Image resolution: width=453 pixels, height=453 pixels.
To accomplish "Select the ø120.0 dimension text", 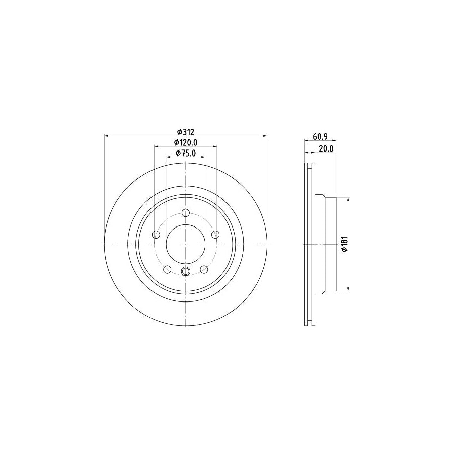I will coord(185,142).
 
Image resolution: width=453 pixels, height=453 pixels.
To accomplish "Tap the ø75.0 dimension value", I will coord(185,153).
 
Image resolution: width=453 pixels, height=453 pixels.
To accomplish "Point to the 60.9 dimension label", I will coord(320,136).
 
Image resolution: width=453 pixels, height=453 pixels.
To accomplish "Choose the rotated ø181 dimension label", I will coord(344,244).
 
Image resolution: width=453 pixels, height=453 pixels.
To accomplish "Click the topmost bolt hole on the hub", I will coord(185,212).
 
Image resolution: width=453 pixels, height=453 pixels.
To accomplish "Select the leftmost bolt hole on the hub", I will coord(156,235).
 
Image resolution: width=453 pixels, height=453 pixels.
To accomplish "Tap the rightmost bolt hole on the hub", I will coord(215,235).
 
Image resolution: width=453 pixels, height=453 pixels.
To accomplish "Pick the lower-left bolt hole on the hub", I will coord(167,270).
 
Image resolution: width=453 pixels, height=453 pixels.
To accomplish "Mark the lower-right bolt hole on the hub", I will coord(204,270).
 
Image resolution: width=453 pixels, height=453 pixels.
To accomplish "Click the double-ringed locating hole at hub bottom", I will coord(185,272).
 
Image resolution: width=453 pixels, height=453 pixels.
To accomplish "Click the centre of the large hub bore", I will coord(185,244).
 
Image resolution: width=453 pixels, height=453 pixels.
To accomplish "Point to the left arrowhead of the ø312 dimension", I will coord(106,136).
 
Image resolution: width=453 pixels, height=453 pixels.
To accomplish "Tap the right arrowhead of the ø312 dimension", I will coord(265,136).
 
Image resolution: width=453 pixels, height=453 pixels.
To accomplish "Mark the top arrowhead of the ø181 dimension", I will coord(348,199).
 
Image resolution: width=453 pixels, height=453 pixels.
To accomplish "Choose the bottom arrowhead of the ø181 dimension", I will coord(348,289).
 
